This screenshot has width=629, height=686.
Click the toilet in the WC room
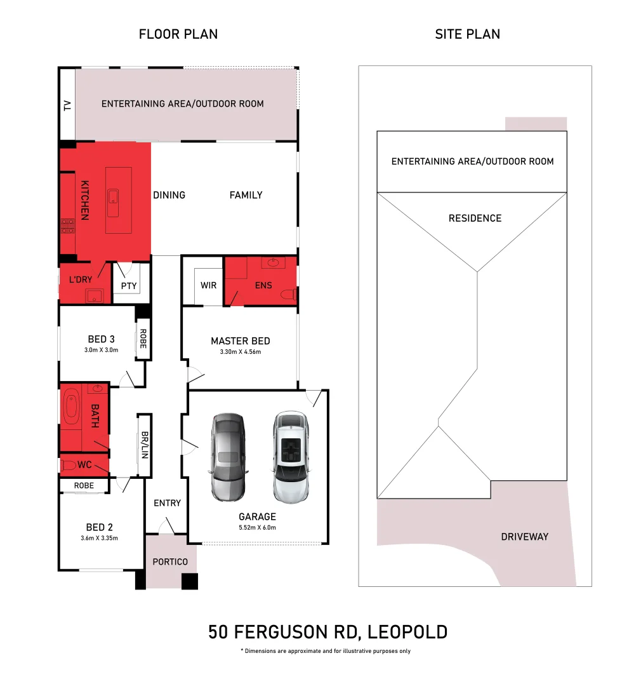pyautogui.click(x=69, y=464)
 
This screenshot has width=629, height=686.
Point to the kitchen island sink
pyautogui.click(x=114, y=203)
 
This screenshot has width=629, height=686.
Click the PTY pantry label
pyautogui.click(x=129, y=286)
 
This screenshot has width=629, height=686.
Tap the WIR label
pyautogui.click(x=208, y=285)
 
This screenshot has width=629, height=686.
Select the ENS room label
pyautogui.click(x=263, y=285)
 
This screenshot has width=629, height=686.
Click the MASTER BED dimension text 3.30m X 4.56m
pyautogui.click(x=241, y=352)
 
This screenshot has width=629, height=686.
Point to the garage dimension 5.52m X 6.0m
pyautogui.click(x=257, y=527)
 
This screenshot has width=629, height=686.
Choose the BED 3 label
pyautogui.click(x=101, y=339)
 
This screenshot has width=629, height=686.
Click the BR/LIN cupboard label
pyautogui.click(x=145, y=445)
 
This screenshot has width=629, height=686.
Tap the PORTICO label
pyautogui.click(x=170, y=562)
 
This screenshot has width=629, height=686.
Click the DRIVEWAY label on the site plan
pyautogui.click(x=524, y=537)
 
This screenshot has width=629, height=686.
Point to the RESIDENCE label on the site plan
pyautogui.click(x=475, y=219)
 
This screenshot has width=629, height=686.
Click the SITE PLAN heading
pyautogui.click(x=467, y=34)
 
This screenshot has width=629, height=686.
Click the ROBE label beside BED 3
pyautogui.click(x=143, y=339)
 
